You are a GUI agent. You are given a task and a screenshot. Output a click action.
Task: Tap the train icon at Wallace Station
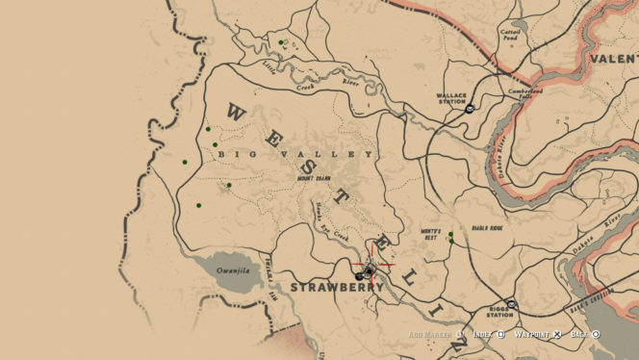pyautogui.click(x=468, y=110)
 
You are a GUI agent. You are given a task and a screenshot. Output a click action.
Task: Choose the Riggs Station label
pyautogui.click(x=498, y=312)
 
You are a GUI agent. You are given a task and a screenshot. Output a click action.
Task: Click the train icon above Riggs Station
pyautogui.click(x=512, y=303)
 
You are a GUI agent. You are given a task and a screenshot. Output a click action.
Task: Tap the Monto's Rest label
pyautogui.click(x=437, y=233)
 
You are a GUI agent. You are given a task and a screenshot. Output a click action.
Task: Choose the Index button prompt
pyautogui.click(x=488, y=333)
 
